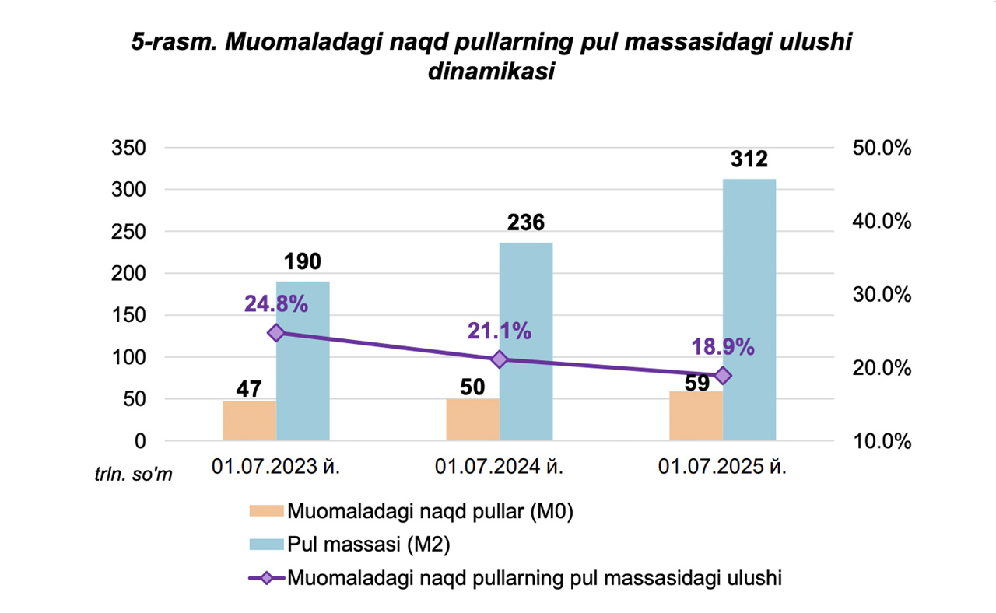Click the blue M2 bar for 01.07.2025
[x=749, y=311]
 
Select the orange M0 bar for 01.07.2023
[x=250, y=421]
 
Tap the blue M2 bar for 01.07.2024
[x=526, y=342]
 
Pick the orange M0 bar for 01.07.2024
[x=472, y=419]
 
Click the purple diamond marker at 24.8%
[x=276, y=333]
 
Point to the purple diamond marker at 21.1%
[x=500, y=359]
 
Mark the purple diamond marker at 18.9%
[x=723, y=376]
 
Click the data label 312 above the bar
[x=749, y=159]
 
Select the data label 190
[x=303, y=262]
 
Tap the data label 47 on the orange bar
[x=250, y=388]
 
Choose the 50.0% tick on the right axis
[x=878, y=148]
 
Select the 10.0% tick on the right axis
[x=878, y=441]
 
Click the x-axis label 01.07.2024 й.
[x=500, y=468]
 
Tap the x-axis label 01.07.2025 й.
[x=723, y=468]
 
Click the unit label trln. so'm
[x=134, y=475]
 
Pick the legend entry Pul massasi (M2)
[x=368, y=545]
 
